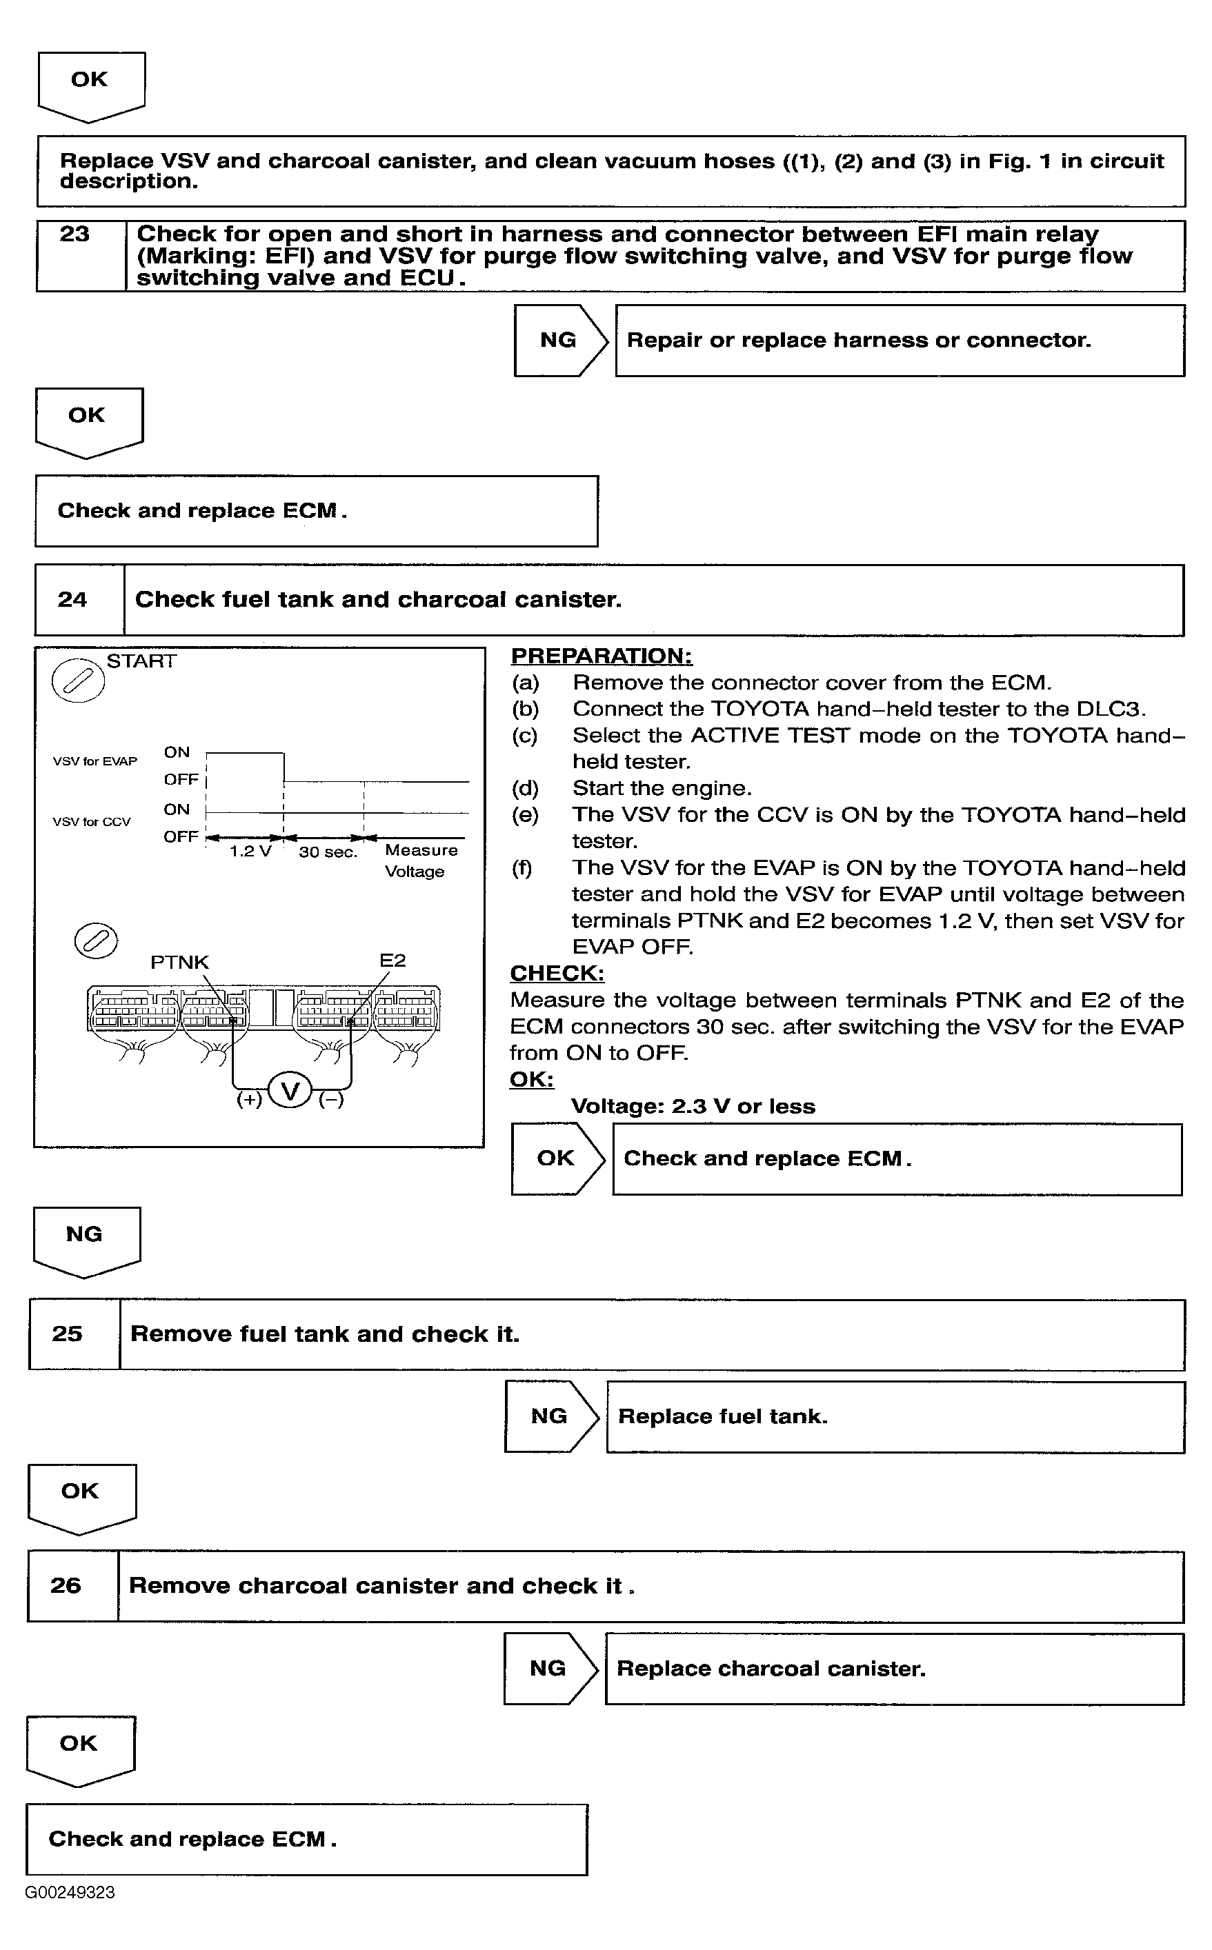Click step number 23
[x=74, y=234]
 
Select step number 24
[x=72, y=599]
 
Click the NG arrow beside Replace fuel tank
[x=550, y=1416]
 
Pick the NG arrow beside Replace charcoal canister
[x=550, y=1668]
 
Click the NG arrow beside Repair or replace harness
[x=559, y=340]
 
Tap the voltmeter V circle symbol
[x=290, y=1090]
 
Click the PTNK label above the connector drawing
[x=179, y=962]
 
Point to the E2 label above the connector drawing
[x=393, y=961]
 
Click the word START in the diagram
[x=141, y=661]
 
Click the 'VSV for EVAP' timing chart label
[x=95, y=761]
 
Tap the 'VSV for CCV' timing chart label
[x=91, y=821]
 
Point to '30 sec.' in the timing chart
[x=328, y=852]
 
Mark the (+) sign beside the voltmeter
[x=249, y=1099]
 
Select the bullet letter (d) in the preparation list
[x=525, y=788]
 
